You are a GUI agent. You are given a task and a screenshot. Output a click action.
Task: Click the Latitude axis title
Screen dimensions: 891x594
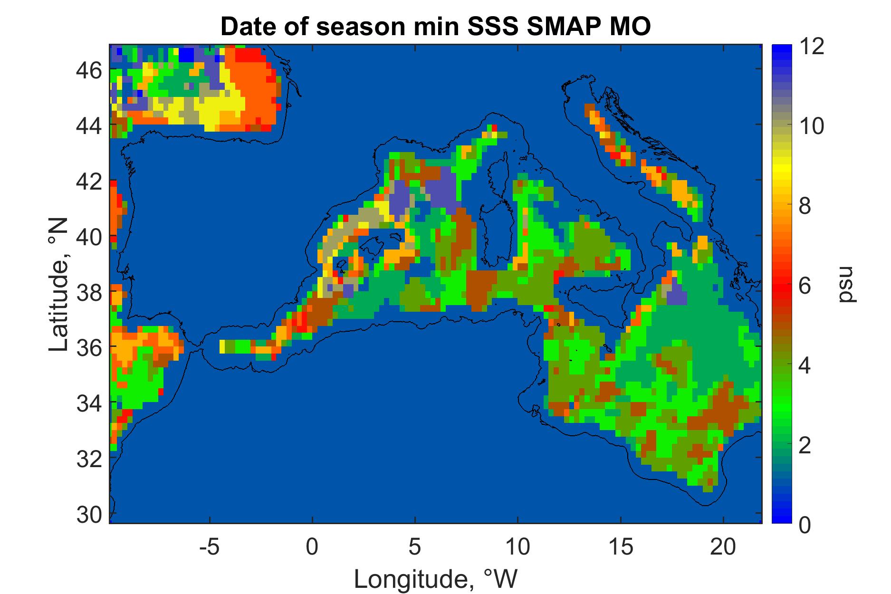coord(59,285)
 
